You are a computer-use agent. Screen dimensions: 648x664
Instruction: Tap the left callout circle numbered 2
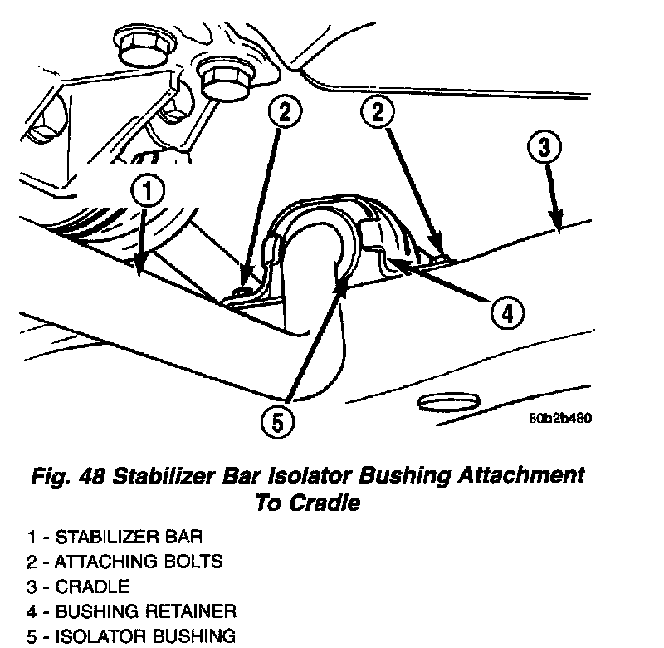tap(284, 115)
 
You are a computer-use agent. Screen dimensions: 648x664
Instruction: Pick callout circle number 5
tap(277, 423)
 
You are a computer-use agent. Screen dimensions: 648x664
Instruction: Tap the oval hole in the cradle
tap(449, 403)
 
